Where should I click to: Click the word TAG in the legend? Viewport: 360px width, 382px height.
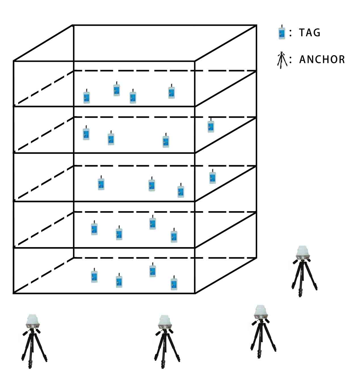click(310, 33)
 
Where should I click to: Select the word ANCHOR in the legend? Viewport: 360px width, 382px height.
click(322, 60)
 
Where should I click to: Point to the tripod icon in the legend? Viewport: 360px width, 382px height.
click(282, 60)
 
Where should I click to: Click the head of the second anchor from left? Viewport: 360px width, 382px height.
click(165, 322)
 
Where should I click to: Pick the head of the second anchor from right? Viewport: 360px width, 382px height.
click(261, 312)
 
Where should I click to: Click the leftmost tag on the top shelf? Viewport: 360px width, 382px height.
click(87, 97)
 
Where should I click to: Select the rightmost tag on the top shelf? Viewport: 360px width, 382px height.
click(171, 92)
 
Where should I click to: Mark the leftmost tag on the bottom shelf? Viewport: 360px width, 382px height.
click(94, 276)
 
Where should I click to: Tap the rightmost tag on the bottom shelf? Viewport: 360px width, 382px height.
click(174, 283)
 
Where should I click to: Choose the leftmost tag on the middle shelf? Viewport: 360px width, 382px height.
click(101, 184)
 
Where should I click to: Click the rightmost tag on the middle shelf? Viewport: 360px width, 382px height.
click(212, 177)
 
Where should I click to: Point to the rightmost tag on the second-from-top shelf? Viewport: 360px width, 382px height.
click(211, 126)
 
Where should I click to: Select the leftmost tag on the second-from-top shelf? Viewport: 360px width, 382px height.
click(86, 133)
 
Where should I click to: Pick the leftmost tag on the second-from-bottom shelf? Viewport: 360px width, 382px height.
click(94, 229)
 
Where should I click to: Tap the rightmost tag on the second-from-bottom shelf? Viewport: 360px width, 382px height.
click(174, 236)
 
